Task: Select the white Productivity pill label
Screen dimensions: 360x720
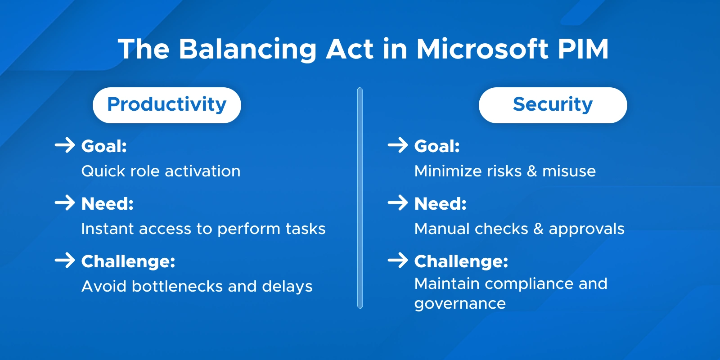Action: pyautogui.click(x=166, y=105)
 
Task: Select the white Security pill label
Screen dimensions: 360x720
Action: pyautogui.click(x=553, y=105)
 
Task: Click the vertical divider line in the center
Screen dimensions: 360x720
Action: pyautogui.click(x=360, y=198)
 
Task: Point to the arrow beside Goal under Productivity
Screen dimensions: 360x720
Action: pyautogui.click(x=65, y=145)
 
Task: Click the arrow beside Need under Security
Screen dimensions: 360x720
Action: pyautogui.click(x=398, y=203)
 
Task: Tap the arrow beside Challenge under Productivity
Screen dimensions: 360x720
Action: pyautogui.click(x=65, y=261)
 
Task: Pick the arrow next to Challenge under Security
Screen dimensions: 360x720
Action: pyautogui.click(x=398, y=261)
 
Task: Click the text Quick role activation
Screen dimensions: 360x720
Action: pyautogui.click(x=161, y=171)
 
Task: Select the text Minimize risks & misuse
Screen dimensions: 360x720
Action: pyautogui.click(x=505, y=171)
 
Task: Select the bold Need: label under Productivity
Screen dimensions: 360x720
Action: pyautogui.click(x=108, y=204)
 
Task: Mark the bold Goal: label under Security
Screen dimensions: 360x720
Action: pyautogui.click(x=437, y=146)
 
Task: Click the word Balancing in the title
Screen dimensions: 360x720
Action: pyautogui.click(x=247, y=49)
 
